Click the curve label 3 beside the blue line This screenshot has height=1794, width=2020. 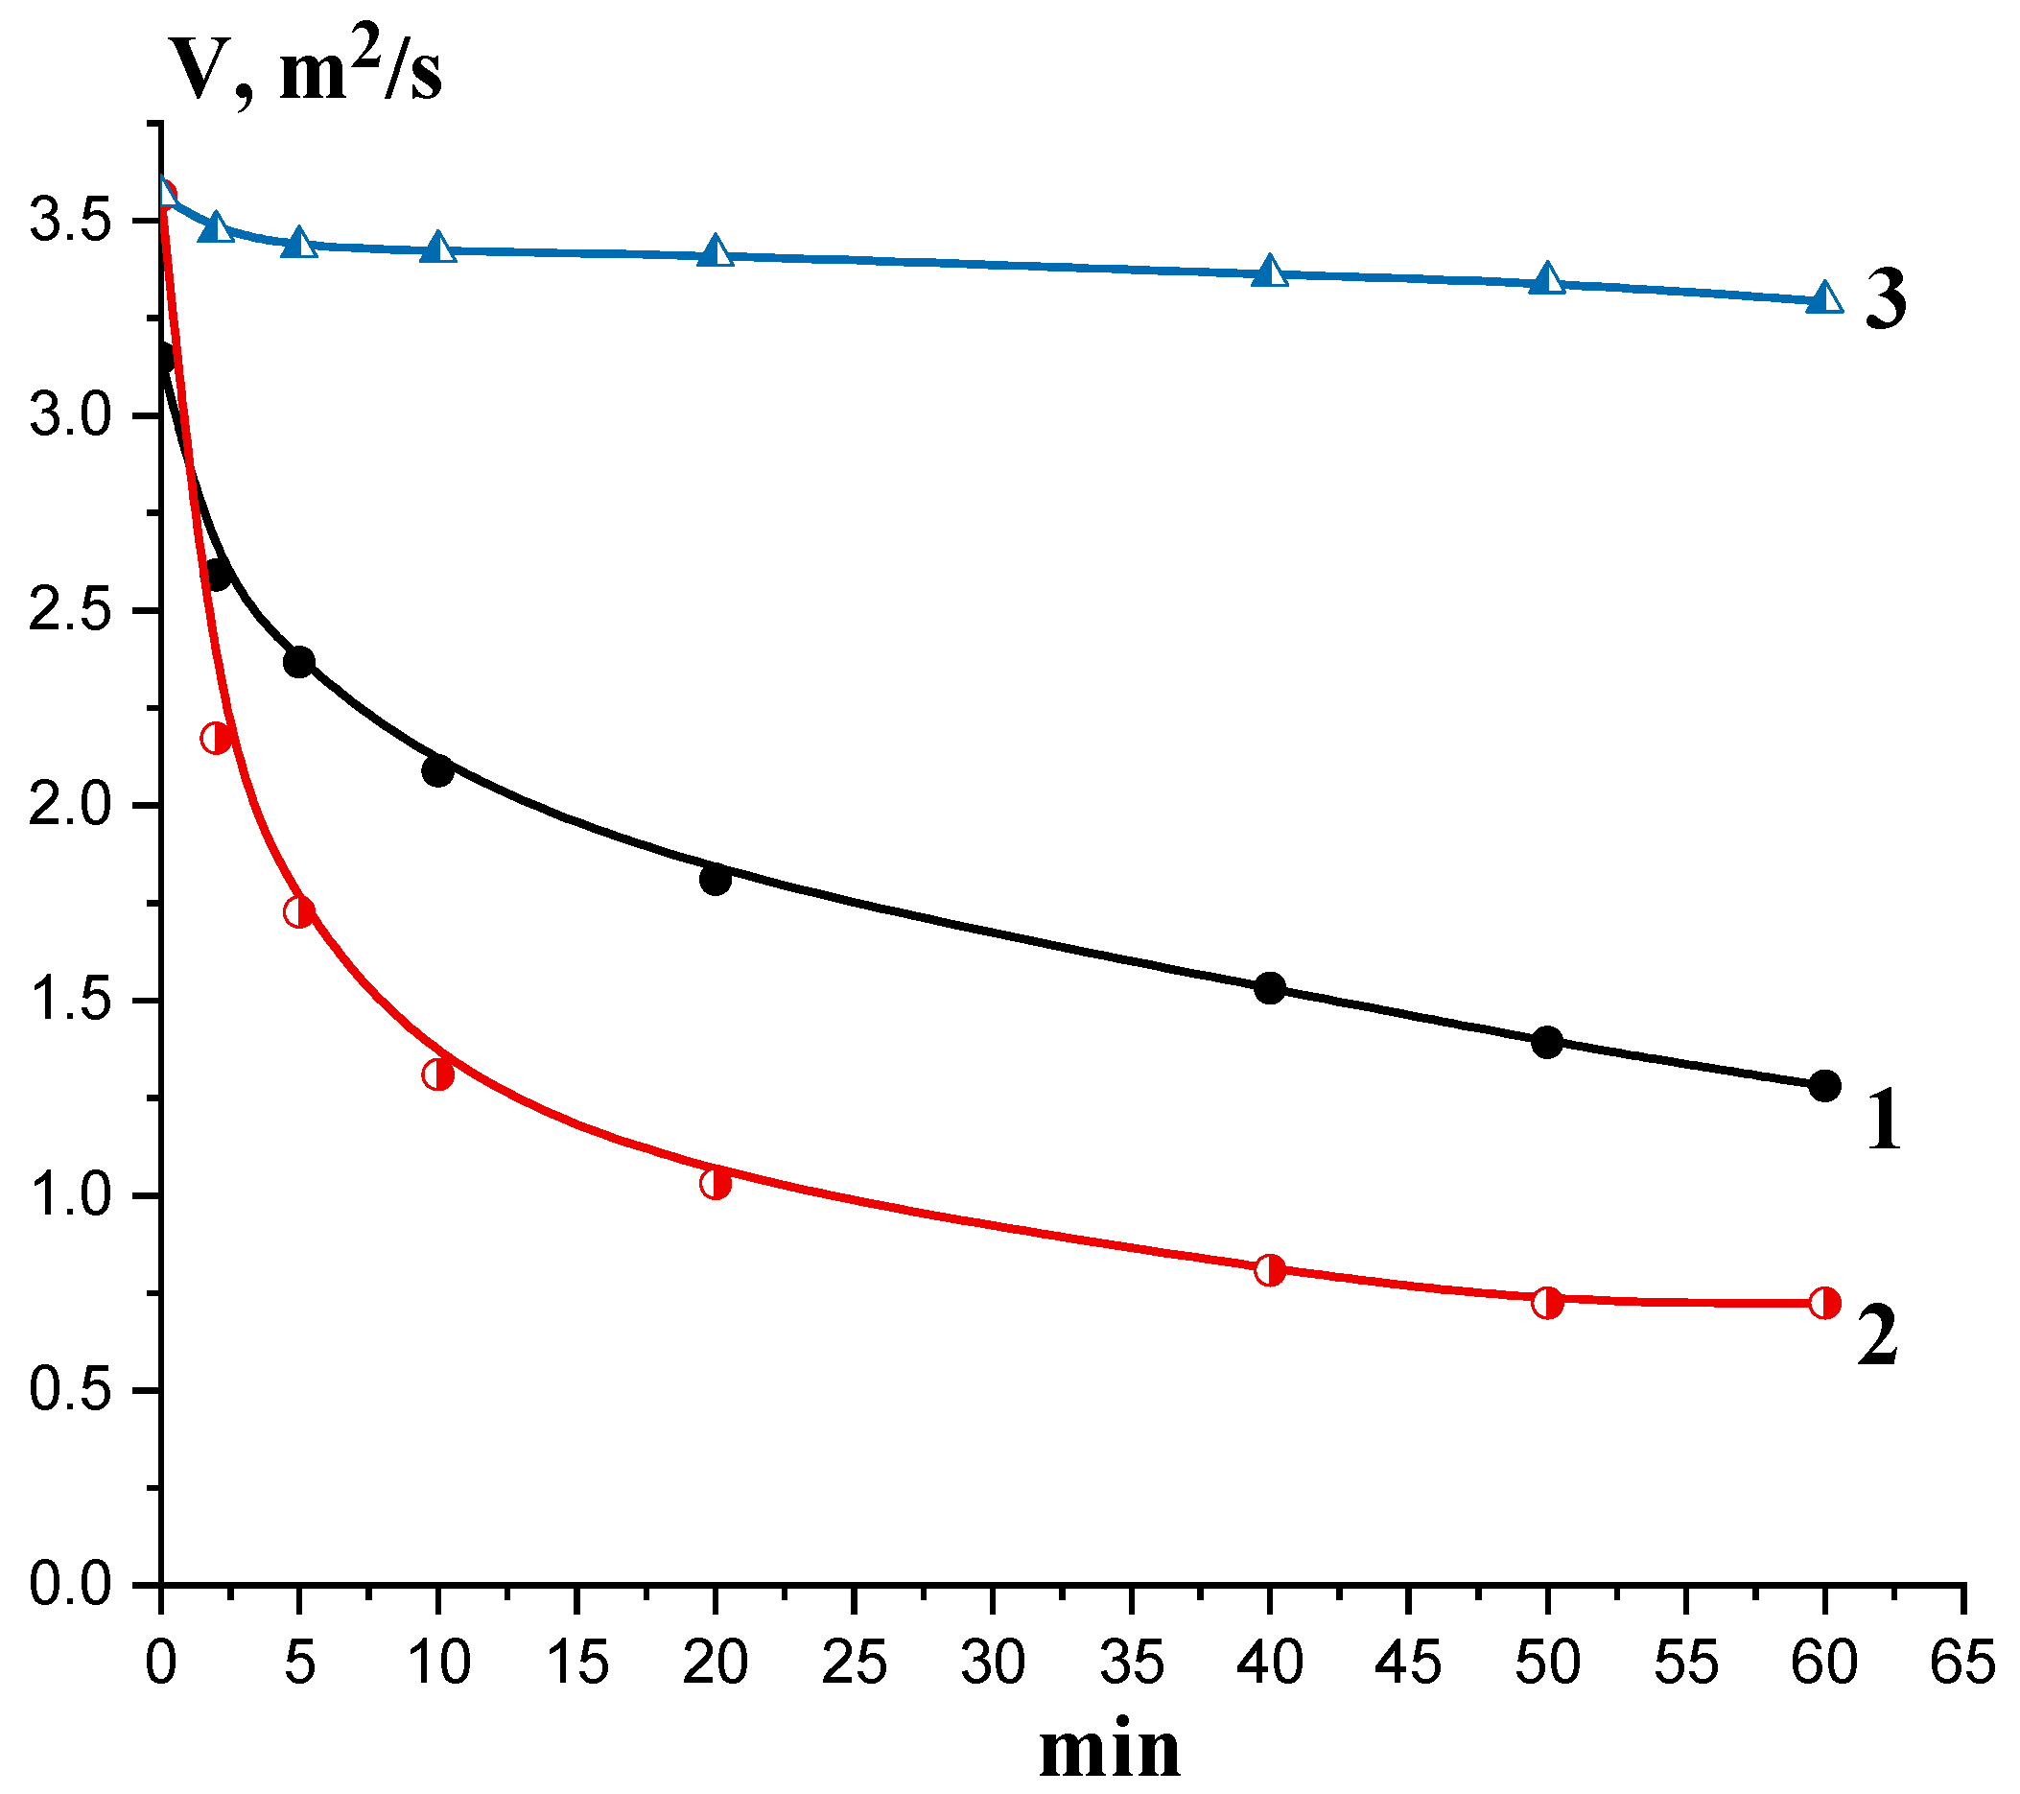(1886, 299)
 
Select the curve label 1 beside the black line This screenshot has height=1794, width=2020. (1884, 1120)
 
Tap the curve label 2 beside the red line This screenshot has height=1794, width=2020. (1877, 1334)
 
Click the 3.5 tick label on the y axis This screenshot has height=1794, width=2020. (68, 220)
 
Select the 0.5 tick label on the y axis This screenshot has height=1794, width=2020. (68, 1391)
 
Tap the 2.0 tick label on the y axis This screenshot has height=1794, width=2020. (68, 806)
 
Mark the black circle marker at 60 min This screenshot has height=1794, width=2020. (1824, 1085)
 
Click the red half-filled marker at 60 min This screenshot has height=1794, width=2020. (1824, 1303)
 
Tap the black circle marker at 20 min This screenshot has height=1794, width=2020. (716, 880)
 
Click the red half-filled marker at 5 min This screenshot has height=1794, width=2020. (299, 911)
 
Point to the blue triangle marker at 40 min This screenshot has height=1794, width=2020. (1270, 271)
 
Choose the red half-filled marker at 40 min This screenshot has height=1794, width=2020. (1270, 1271)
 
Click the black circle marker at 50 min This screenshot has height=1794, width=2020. (1548, 1042)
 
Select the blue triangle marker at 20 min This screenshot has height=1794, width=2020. (716, 252)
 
